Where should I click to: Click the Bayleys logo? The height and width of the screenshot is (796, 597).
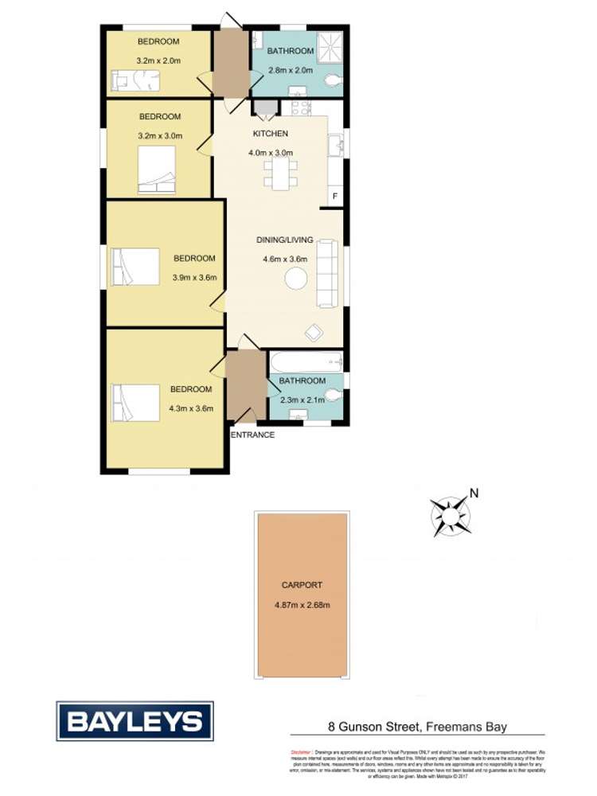[134, 721]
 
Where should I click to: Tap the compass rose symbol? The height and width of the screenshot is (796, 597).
[451, 514]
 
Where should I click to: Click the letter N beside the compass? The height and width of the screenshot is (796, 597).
[474, 493]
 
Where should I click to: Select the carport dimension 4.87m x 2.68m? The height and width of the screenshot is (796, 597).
[301, 604]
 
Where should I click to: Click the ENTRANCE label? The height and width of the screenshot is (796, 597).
[253, 435]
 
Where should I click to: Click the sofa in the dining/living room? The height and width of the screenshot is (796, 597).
[327, 273]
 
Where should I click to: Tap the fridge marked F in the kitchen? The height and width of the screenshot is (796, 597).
[334, 196]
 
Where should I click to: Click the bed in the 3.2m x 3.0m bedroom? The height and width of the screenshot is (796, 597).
[158, 174]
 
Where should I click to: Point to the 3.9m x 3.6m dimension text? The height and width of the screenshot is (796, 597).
[194, 278]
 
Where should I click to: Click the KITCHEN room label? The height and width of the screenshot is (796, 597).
[271, 133]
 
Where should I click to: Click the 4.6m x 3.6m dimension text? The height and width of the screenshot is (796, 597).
[284, 259]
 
